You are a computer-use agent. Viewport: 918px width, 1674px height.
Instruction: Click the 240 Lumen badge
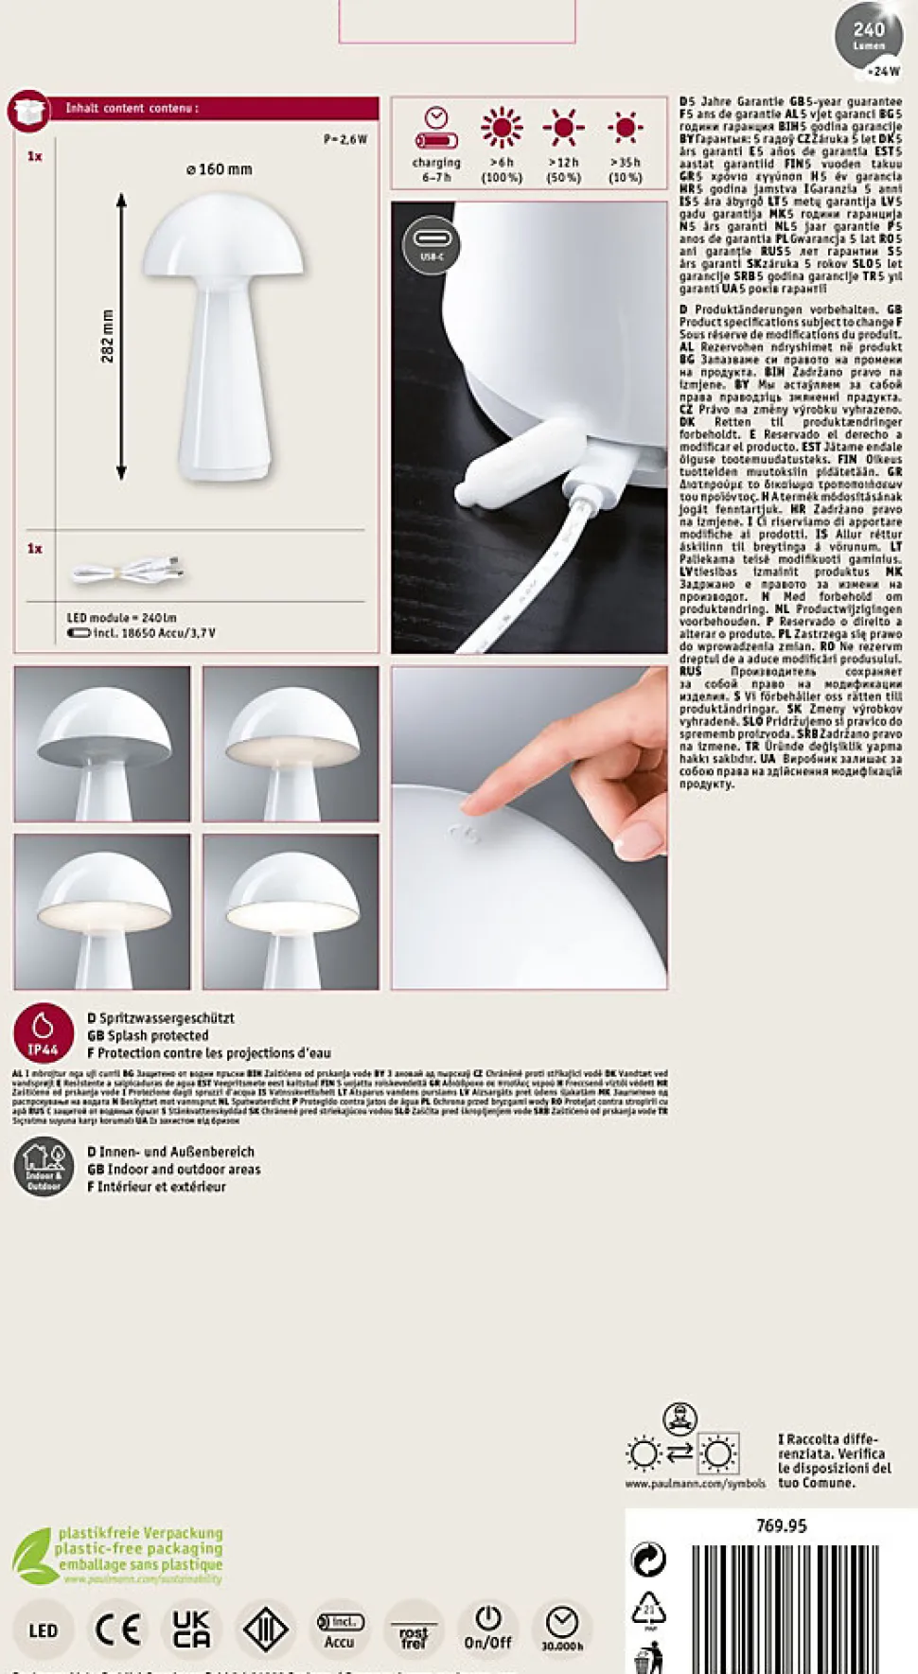(x=869, y=38)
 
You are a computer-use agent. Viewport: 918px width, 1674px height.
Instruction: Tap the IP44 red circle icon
(x=44, y=1032)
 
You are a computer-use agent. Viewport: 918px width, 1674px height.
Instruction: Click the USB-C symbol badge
(x=432, y=244)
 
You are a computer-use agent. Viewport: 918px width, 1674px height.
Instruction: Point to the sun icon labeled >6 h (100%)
(x=502, y=128)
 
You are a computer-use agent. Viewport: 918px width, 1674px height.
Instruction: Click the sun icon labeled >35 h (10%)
(x=625, y=128)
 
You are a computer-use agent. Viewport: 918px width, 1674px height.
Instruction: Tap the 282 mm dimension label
(x=107, y=336)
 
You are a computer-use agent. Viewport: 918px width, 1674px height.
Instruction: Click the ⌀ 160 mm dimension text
(x=220, y=169)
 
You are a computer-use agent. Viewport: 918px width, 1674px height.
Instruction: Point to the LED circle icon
(x=44, y=1630)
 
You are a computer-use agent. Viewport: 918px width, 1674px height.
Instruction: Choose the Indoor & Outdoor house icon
(x=44, y=1167)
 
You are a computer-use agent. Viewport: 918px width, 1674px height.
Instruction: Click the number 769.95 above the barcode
(x=781, y=1525)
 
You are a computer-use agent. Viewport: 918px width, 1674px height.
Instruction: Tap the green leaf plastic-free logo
(x=34, y=1556)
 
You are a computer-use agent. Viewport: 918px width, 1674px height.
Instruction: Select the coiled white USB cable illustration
(x=126, y=572)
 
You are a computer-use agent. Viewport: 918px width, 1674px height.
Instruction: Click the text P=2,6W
(x=345, y=139)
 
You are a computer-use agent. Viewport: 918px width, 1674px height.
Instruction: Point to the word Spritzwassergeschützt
(x=167, y=1018)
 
